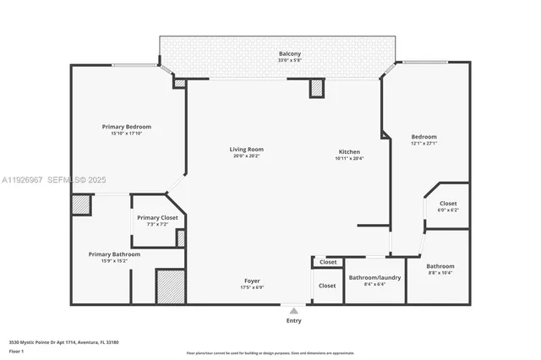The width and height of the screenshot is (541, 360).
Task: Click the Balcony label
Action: tap(290, 54)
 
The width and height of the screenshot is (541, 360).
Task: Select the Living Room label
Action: tap(246, 150)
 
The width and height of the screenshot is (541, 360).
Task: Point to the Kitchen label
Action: tap(351, 150)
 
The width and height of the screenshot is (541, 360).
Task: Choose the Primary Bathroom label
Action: tap(114, 254)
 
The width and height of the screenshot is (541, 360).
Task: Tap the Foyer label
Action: tap(253, 281)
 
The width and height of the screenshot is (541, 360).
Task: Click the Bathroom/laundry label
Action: tap(374, 277)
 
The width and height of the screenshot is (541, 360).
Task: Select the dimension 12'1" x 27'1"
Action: tap(424, 144)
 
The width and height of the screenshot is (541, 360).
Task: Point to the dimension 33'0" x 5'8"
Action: tap(290, 61)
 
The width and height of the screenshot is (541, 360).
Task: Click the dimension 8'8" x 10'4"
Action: tap(440, 272)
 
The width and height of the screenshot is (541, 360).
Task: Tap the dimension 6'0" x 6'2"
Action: tap(448, 210)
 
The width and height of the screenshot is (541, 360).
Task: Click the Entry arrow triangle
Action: tap(293, 311)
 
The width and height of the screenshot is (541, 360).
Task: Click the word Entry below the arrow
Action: tap(293, 320)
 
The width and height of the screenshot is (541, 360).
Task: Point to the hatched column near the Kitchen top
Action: tap(317, 88)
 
